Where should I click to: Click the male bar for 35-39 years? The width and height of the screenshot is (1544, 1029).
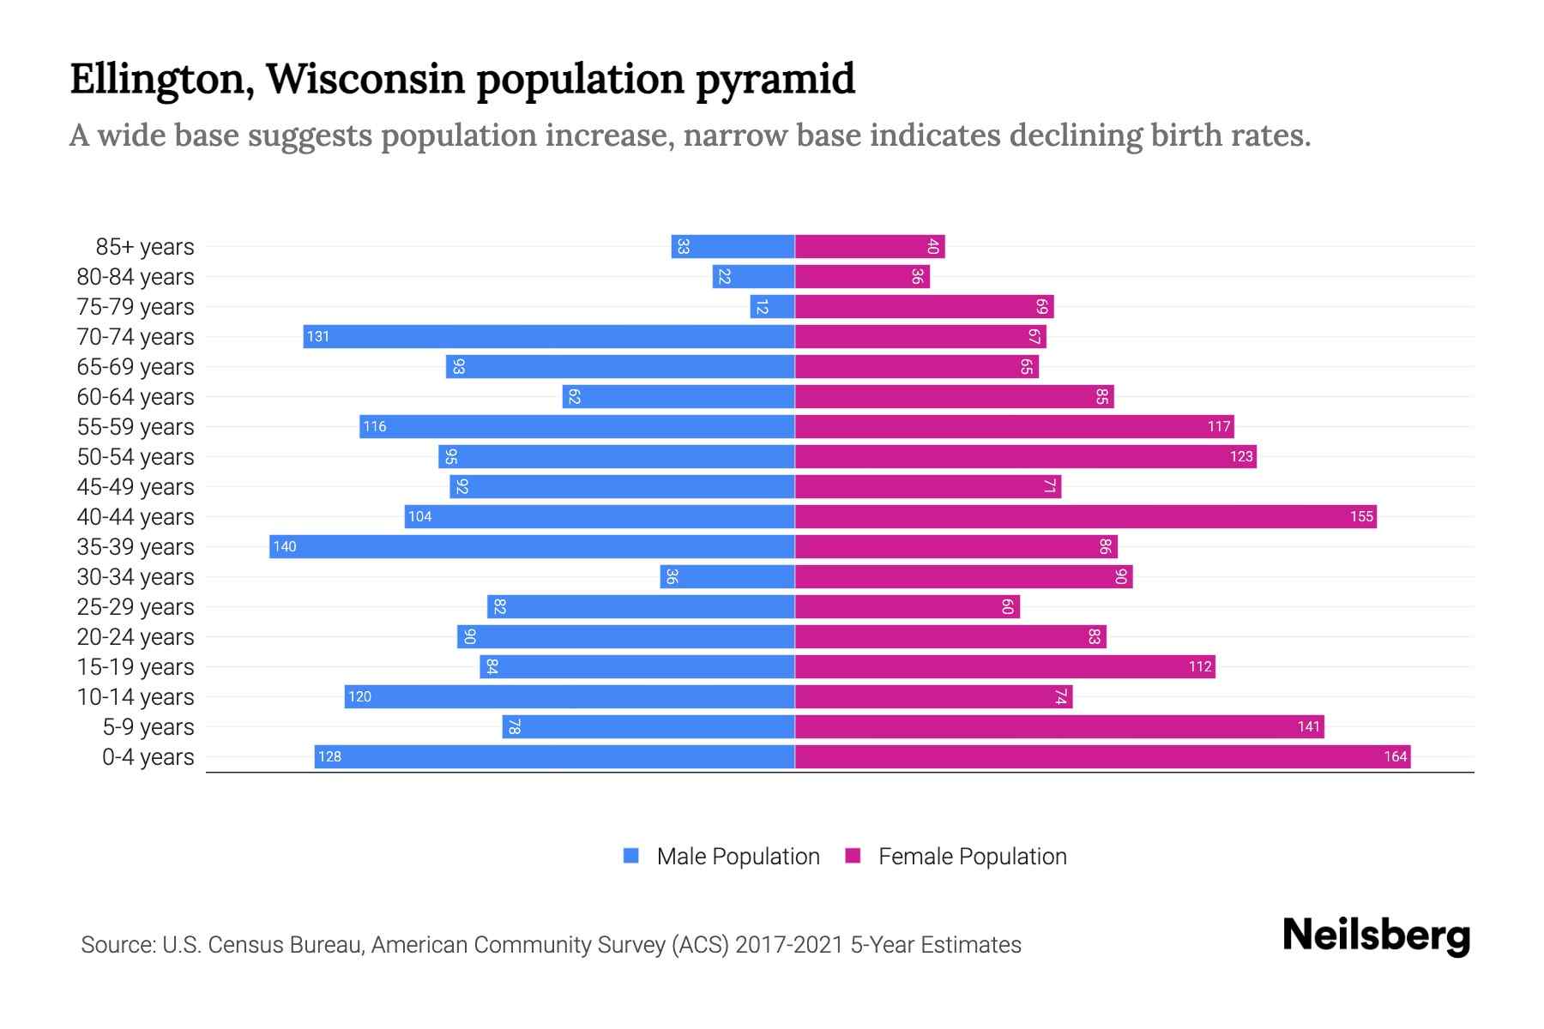point(532,546)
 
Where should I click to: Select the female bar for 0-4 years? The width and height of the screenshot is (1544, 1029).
point(1102,756)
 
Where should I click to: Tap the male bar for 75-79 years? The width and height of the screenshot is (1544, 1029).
point(772,306)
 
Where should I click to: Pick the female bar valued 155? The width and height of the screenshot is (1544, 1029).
point(1085,516)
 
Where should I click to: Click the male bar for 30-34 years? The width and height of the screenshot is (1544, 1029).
point(727,576)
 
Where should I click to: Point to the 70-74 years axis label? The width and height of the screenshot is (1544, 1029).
point(136,337)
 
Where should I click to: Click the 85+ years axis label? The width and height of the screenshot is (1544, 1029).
point(145,247)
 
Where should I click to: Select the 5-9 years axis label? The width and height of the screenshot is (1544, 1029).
point(148,727)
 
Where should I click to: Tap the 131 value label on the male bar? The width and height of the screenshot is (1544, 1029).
point(318,337)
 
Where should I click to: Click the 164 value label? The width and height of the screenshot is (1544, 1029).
point(1395,756)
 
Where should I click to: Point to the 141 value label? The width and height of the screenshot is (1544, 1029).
point(1308,727)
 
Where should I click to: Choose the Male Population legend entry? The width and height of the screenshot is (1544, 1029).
point(738,857)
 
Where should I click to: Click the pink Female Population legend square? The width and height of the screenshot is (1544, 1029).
point(853,856)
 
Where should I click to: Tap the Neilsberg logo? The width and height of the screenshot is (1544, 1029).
point(1376,936)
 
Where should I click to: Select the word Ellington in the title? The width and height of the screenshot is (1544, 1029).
point(161,79)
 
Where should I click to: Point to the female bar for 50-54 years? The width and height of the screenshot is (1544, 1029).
point(1025,456)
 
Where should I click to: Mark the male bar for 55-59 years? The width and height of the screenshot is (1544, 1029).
point(577,426)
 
